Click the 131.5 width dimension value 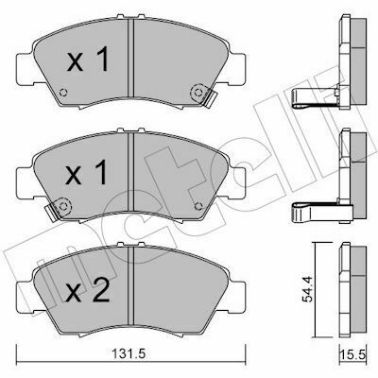(129, 354)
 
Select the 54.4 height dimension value (307, 289)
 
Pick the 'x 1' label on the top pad (88, 59)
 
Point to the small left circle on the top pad (63, 93)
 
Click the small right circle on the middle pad (198, 206)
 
